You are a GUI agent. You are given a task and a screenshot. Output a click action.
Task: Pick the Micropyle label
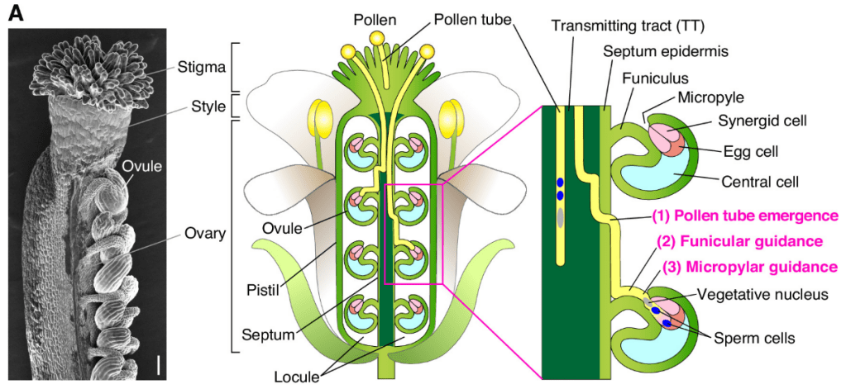[x=705, y=98]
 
